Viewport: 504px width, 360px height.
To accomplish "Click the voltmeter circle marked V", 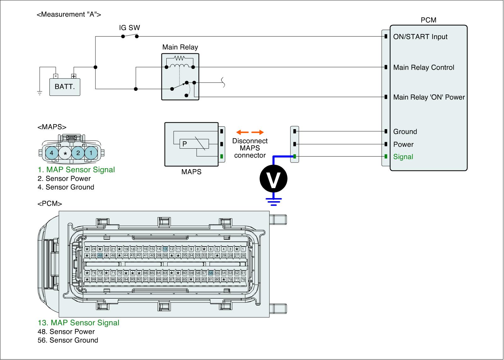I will (273, 179).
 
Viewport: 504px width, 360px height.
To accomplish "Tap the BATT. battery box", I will (65, 87).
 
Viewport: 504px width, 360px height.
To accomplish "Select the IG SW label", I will (129, 28).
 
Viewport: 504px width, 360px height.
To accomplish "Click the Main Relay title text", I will (180, 47).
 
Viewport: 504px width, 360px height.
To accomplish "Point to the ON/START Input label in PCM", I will (420, 37).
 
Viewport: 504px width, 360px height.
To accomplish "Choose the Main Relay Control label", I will (424, 67).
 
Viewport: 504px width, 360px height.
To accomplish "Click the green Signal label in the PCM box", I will (403, 157).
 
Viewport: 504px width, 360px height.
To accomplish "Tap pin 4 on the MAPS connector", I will (52, 153).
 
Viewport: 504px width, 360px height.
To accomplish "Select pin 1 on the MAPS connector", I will (91, 153).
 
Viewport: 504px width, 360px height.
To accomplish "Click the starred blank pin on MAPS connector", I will (65, 153).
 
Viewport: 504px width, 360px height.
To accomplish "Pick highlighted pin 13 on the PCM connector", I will (165, 249).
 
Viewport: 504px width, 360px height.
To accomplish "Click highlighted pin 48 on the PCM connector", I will (100, 255).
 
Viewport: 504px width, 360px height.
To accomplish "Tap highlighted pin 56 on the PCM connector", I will (211, 273).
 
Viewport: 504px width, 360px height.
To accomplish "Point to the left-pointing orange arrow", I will (243, 132).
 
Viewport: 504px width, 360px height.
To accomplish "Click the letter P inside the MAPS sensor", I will (185, 144).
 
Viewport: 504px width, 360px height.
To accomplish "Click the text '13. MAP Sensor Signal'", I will (78, 323).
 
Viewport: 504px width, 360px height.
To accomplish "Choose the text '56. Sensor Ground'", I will (68, 340).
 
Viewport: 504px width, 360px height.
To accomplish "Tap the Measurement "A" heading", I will (69, 14).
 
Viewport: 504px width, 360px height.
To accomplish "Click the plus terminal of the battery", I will (74, 76).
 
